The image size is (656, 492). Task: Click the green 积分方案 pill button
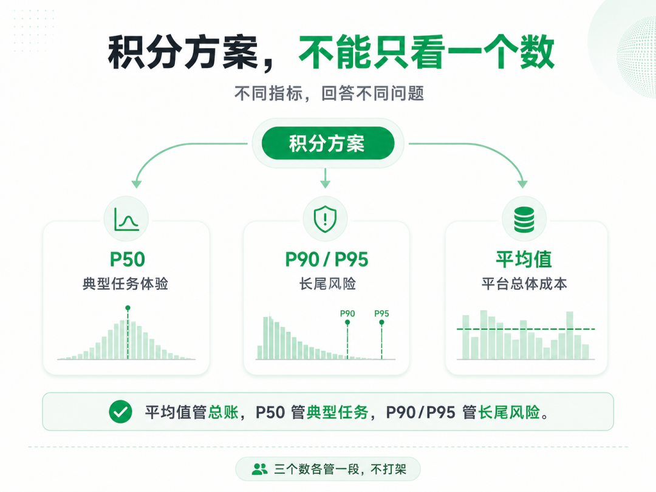327,143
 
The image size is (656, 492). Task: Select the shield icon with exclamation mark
325,219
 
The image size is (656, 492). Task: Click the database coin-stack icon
524,219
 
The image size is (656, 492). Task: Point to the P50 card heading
127,259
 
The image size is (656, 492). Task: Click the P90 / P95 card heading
326,259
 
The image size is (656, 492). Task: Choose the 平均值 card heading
524,259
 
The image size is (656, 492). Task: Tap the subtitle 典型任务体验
126,284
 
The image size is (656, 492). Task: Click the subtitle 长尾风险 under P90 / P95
327,284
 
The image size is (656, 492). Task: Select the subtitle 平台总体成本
524,284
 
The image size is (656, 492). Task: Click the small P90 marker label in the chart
347,313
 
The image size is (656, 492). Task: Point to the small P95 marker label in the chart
381,313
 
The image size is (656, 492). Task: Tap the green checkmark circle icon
120,412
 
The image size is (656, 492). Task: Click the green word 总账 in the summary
223,412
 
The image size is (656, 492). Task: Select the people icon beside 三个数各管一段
260,469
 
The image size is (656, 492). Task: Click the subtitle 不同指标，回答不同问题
329,94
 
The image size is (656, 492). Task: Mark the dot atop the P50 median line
128,308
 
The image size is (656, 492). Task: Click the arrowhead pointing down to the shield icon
325,184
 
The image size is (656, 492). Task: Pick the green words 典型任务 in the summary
337,412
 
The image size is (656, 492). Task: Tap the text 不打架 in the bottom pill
389,469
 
